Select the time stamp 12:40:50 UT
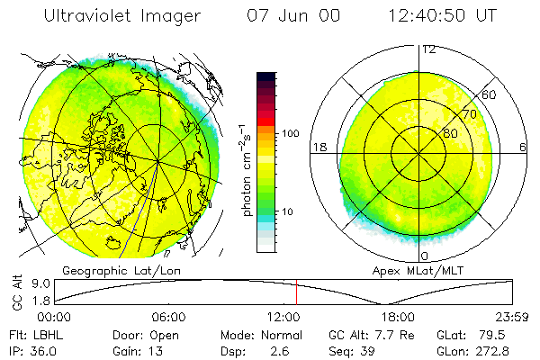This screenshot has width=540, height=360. click(x=442, y=17)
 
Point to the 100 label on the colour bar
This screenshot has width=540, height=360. click(x=290, y=133)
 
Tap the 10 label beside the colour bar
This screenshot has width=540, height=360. click(x=288, y=212)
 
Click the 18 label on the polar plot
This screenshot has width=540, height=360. click(x=318, y=147)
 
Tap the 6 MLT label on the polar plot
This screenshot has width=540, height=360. click(x=523, y=147)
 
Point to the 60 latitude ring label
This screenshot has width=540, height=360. click(x=489, y=94)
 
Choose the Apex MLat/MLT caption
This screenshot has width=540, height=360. click(x=418, y=270)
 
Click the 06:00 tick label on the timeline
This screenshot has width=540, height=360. click(x=168, y=317)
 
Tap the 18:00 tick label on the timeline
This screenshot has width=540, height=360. click(x=397, y=317)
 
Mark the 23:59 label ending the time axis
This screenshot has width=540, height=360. click(x=512, y=317)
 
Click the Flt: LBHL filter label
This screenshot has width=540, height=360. click(x=34, y=334)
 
